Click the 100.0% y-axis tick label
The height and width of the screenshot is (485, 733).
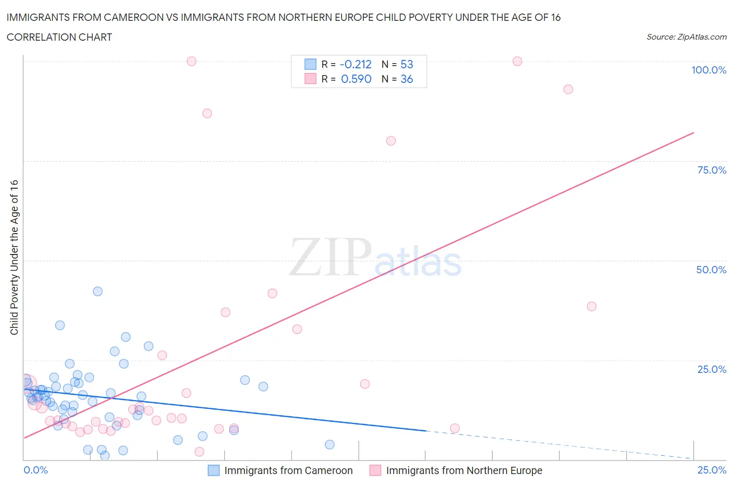(x=708, y=70)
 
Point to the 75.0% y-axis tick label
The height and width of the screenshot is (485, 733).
(x=712, y=170)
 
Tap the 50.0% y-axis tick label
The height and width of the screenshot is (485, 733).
(x=711, y=270)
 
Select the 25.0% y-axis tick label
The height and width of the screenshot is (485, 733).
(x=712, y=369)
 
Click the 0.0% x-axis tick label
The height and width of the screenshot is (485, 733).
(x=35, y=470)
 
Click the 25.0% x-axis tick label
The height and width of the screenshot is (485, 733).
(x=712, y=470)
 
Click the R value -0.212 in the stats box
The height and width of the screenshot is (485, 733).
(x=356, y=64)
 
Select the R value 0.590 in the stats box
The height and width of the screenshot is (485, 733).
(x=356, y=79)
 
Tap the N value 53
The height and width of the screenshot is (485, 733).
(x=407, y=64)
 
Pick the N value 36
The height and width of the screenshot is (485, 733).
(x=407, y=79)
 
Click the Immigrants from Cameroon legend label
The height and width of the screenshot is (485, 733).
(x=288, y=470)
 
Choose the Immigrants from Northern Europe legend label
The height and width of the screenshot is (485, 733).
(x=464, y=470)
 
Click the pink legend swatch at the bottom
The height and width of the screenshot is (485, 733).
(x=375, y=470)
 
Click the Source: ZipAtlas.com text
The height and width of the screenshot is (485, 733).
(x=686, y=37)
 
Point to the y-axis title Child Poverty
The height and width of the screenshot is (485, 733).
(x=14, y=257)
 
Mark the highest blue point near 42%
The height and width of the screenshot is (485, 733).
(x=97, y=292)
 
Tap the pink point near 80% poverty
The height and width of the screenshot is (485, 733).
(x=391, y=141)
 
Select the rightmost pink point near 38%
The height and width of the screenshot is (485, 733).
(x=591, y=306)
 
